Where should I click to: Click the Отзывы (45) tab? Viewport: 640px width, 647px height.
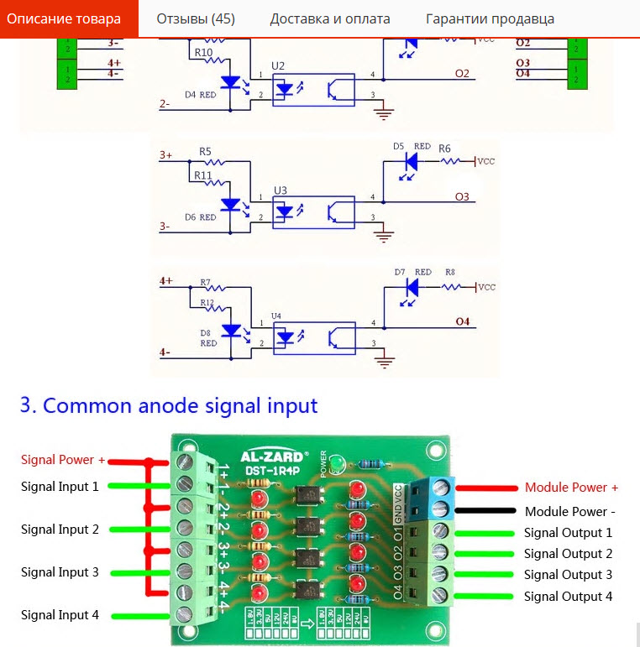point(196,18)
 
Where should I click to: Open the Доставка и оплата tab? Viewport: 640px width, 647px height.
point(329,18)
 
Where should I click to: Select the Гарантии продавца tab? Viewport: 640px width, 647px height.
point(490,18)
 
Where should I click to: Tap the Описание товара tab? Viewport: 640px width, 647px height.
point(64,18)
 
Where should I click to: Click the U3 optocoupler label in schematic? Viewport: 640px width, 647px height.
point(280,190)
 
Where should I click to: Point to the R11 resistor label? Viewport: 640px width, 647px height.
point(202,175)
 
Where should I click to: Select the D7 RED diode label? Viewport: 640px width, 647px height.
point(412,272)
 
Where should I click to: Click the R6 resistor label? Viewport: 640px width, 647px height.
point(444,148)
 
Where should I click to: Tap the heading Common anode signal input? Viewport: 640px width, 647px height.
point(169,405)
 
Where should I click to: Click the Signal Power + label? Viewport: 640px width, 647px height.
point(63,460)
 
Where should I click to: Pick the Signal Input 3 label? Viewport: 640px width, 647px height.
point(60,571)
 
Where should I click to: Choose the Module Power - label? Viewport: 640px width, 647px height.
point(570,511)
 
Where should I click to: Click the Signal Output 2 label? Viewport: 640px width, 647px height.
point(568,554)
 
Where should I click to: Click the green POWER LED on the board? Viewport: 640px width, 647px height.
point(336,462)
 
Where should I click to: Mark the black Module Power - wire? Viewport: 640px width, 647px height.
point(485,511)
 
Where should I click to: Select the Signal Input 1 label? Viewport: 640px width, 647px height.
point(60,486)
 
